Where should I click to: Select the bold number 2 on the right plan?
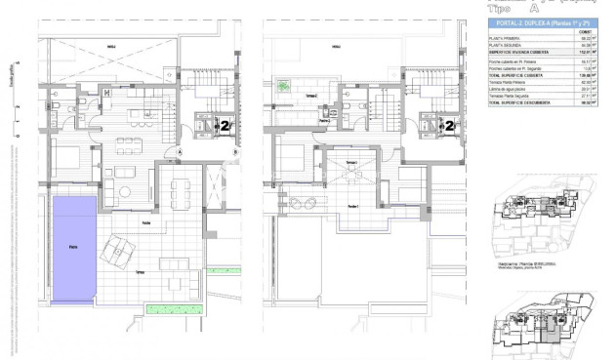tap(449, 125)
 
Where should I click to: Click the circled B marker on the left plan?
tap(237, 151)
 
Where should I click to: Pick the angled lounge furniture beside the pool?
tap(119, 254)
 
